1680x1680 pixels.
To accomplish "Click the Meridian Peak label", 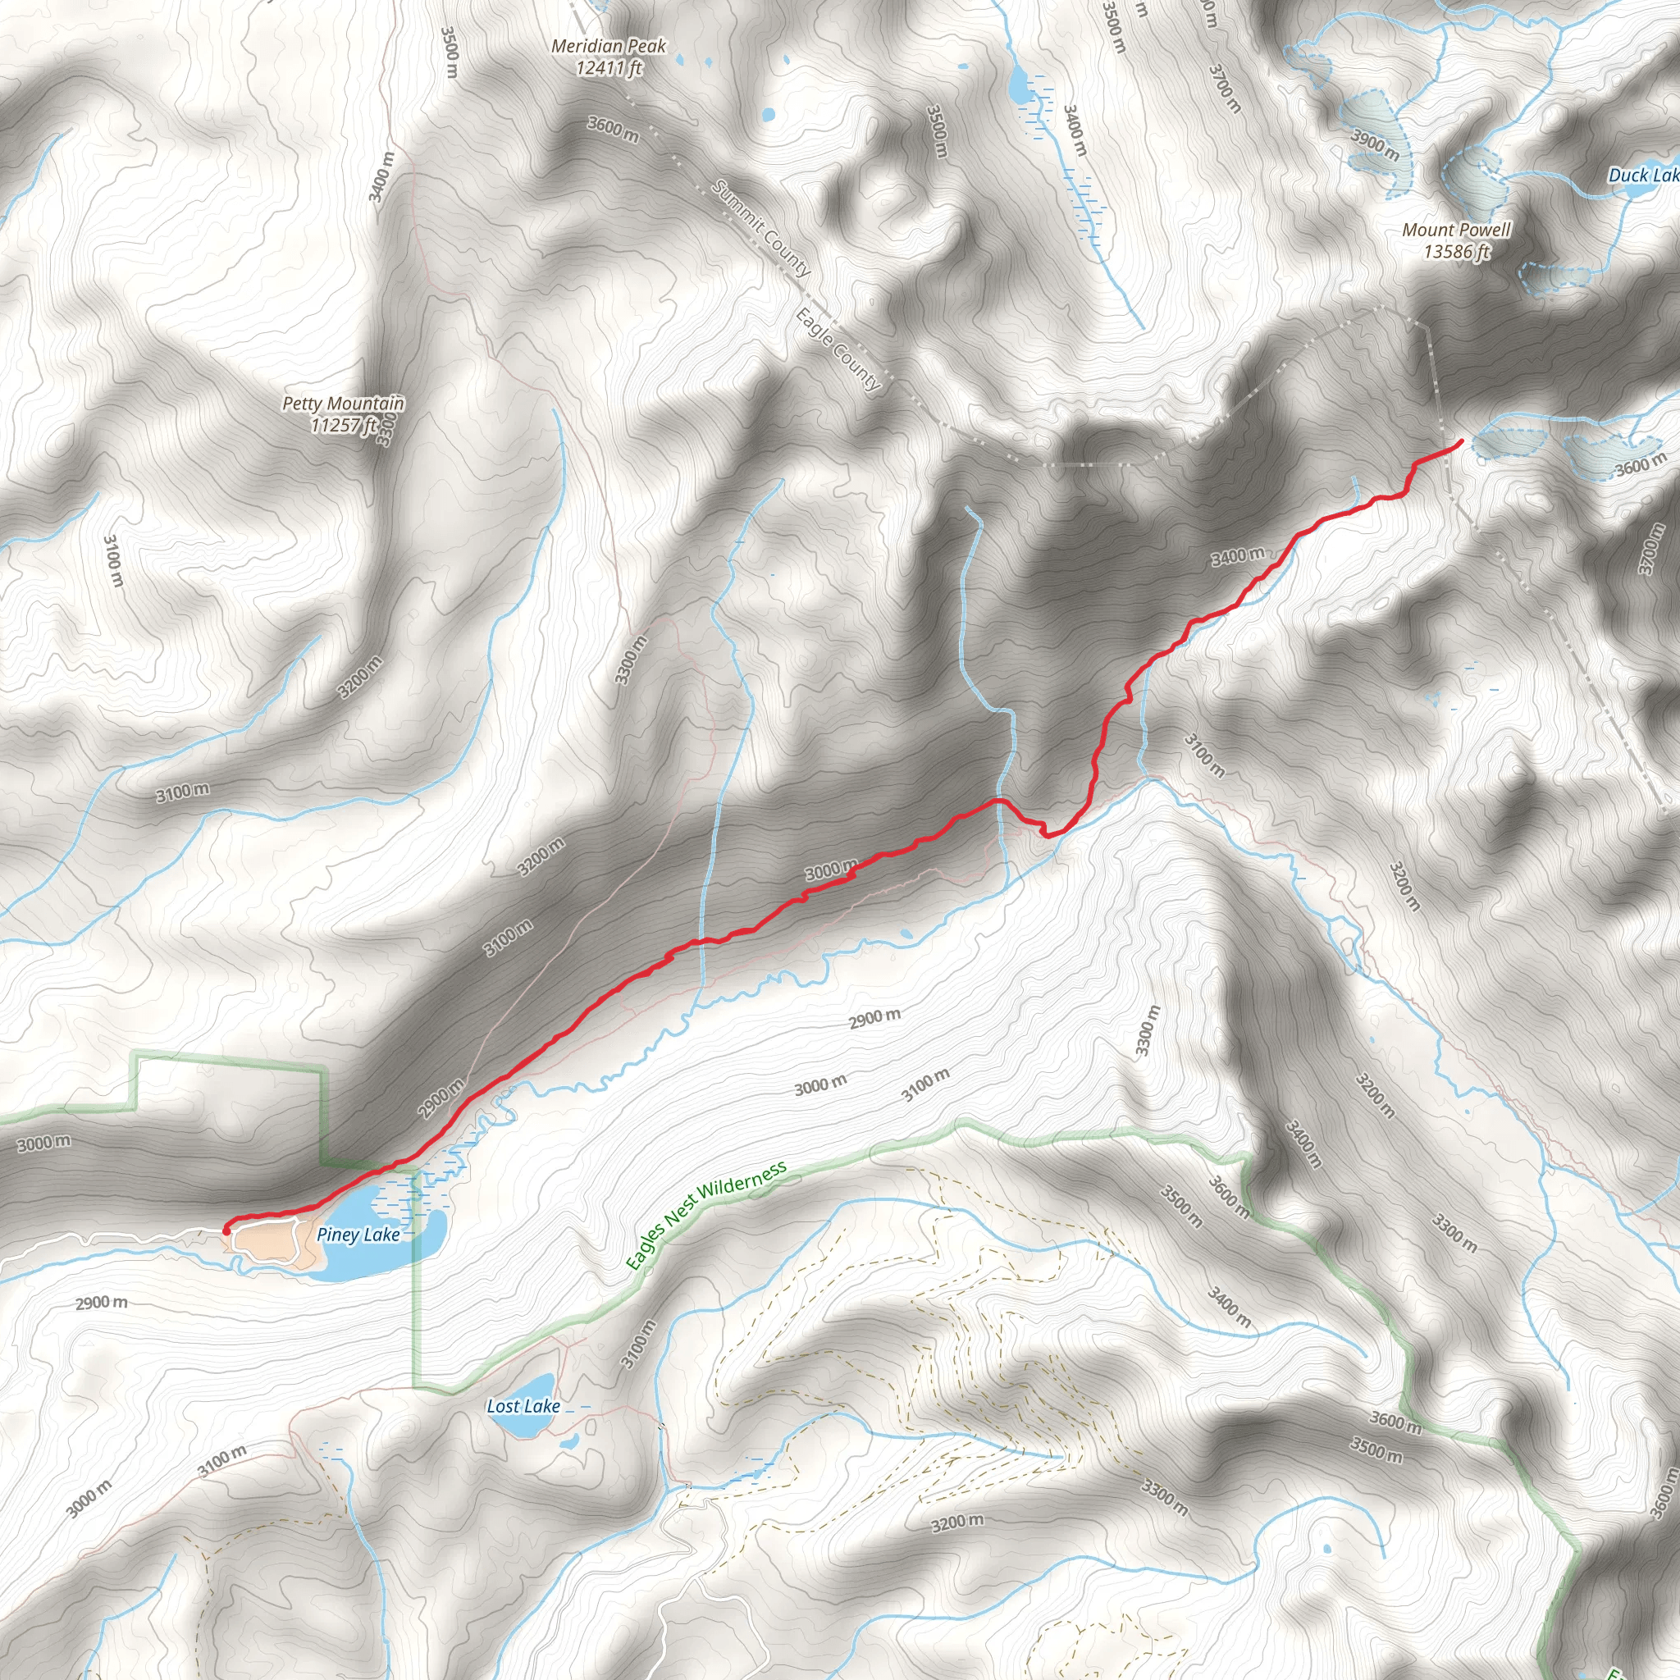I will (609, 45).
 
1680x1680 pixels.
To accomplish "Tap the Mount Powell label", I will (1457, 230).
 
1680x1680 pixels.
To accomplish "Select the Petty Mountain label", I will (344, 404).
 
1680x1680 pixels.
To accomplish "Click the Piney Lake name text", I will (358, 1235).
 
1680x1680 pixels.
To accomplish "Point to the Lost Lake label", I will (523, 1406).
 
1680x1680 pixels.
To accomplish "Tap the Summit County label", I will (762, 228).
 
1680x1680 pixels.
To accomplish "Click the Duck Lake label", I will (1643, 176).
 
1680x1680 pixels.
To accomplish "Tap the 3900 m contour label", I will (1375, 144).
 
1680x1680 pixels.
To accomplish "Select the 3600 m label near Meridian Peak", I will (612, 130).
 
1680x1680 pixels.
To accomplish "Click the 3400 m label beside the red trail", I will (1237, 555).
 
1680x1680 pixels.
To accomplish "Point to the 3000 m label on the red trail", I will (830, 870).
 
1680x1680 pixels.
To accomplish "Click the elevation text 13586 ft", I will (1457, 252).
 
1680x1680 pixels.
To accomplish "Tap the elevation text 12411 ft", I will (609, 67).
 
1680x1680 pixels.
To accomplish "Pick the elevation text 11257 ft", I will (344, 425).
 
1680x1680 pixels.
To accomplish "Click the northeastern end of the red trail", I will (1460, 443).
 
